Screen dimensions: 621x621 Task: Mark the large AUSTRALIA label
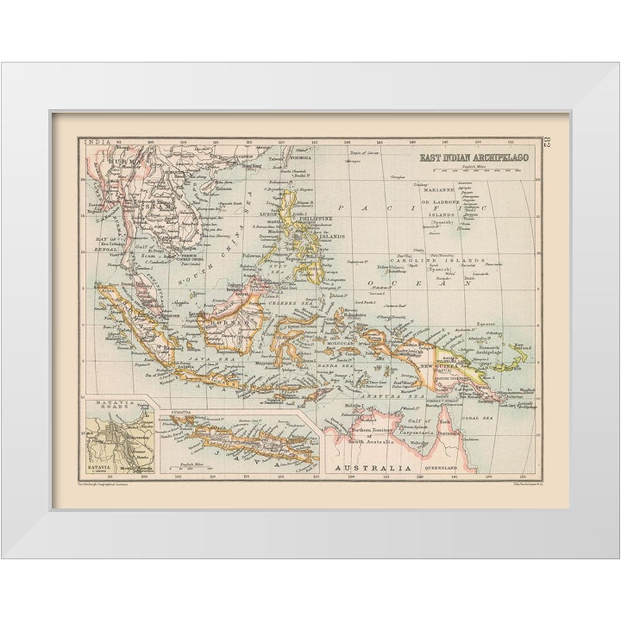pyautogui.click(x=373, y=467)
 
